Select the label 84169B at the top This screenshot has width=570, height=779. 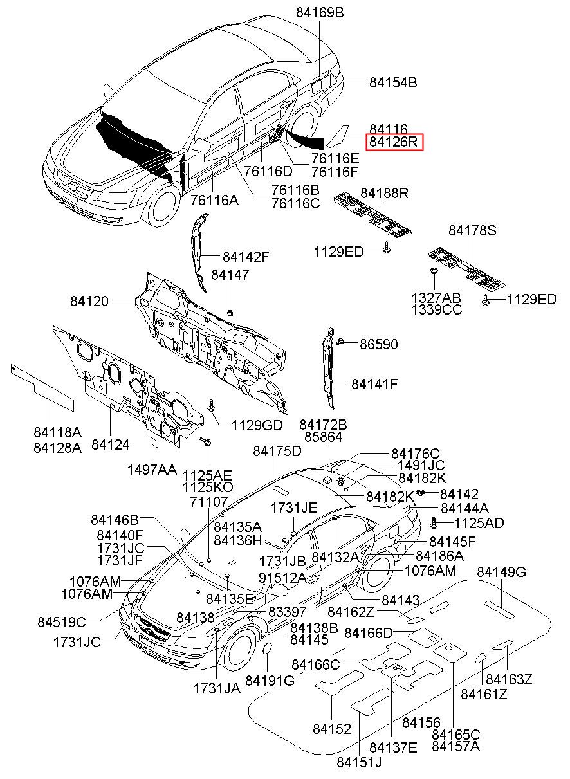pos(320,12)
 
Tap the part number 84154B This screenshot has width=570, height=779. pos(393,82)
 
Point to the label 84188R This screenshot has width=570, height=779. pos(384,193)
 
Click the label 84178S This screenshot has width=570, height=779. pos(473,230)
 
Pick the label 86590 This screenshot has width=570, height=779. pos(378,345)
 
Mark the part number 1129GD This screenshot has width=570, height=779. pos(257,425)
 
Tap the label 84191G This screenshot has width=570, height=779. pos(270,681)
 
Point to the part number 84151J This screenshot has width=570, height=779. pos(359,763)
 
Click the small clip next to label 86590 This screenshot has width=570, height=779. pos(342,341)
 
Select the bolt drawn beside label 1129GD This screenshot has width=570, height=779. pos(212,406)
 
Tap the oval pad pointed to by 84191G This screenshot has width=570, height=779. pos(265,654)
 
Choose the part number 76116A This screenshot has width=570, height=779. pos(214,200)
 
